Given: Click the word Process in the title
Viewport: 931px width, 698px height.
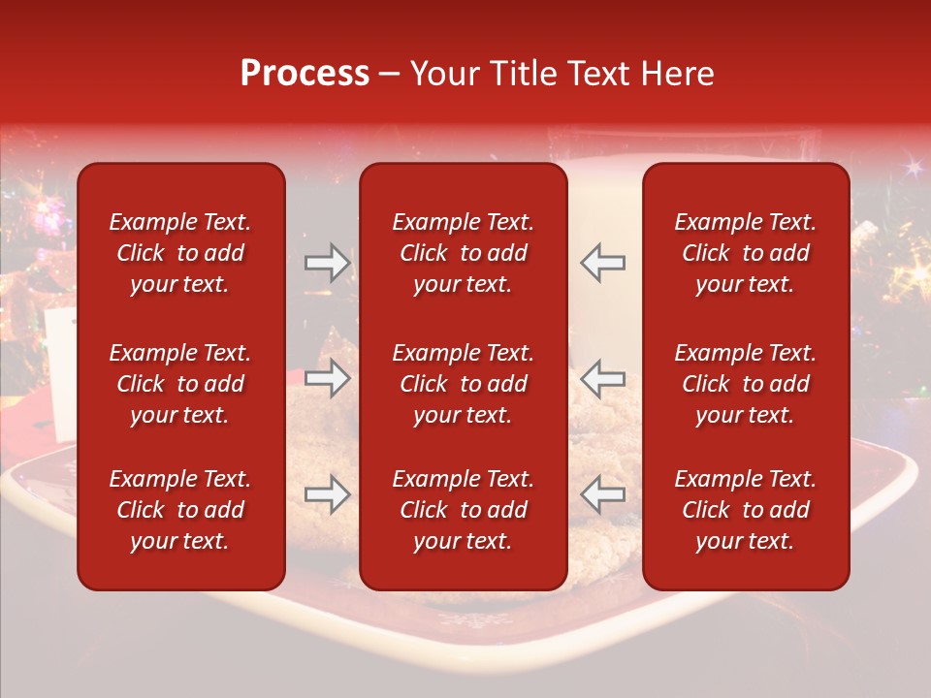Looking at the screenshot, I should (x=305, y=74).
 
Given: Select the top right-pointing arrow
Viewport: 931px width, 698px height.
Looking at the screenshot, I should (x=327, y=263).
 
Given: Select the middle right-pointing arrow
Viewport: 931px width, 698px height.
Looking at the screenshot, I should (x=327, y=378).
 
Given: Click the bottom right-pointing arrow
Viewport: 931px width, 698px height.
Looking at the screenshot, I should (x=327, y=494).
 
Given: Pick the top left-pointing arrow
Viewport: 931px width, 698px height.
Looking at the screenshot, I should (x=603, y=263).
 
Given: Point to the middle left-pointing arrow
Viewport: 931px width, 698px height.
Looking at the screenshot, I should (x=603, y=378).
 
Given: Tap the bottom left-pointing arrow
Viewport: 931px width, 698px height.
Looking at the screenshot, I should (x=603, y=494).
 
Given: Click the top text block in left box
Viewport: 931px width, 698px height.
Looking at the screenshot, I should (x=180, y=253).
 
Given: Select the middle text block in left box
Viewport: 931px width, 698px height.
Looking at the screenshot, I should (x=180, y=384).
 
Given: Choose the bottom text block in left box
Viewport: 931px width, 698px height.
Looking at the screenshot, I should (x=180, y=510).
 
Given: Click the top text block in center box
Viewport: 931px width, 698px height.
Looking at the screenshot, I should (x=463, y=253).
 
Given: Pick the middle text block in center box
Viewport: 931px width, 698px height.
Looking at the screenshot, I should (x=463, y=384).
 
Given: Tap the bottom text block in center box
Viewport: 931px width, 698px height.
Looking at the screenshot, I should (x=463, y=510).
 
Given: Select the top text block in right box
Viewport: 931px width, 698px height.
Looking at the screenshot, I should (x=745, y=253).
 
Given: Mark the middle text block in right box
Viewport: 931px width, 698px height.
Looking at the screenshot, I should (x=745, y=384).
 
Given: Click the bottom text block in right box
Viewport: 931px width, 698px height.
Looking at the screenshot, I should (x=745, y=510).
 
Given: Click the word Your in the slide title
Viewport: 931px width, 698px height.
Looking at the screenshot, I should (x=444, y=74).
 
